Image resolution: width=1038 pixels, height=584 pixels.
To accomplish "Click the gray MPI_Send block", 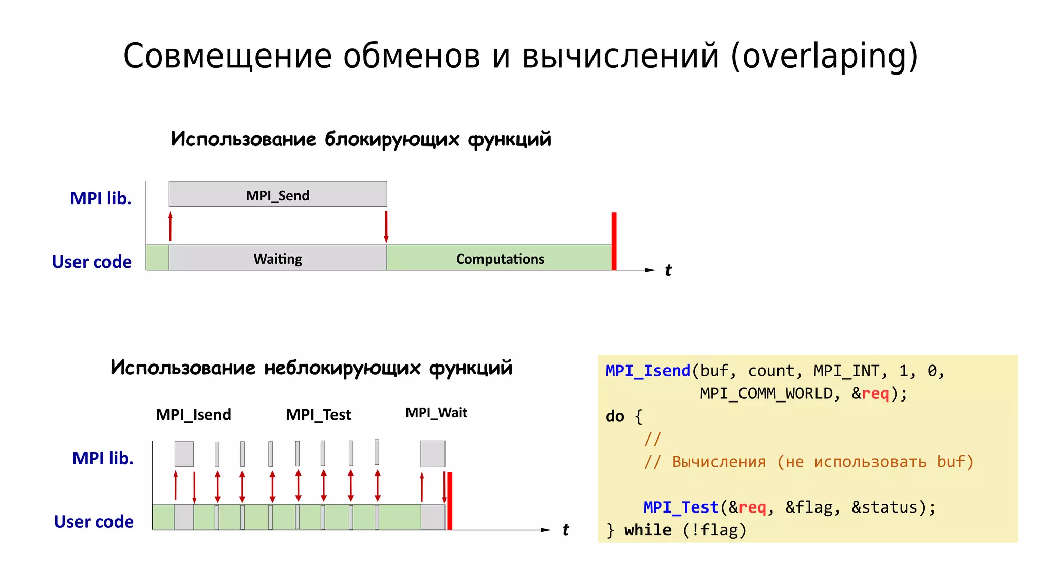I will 277,195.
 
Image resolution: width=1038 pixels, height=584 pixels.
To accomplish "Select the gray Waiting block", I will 277,258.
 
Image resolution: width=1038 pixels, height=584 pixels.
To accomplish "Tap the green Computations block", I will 499,258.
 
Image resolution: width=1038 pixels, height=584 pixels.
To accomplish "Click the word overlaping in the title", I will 824,56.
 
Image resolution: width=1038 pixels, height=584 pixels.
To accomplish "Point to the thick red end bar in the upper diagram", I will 614,241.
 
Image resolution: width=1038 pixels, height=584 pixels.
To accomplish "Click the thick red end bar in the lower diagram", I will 450,501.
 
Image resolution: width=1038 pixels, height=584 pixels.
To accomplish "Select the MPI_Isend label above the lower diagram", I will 193,415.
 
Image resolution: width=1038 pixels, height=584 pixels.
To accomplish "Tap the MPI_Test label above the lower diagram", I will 318,415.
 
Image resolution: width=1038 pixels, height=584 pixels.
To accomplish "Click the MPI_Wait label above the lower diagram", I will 436,413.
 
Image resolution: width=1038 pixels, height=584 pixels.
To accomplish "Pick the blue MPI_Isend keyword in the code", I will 648,371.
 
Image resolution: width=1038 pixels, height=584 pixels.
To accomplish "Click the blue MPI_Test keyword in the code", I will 681,507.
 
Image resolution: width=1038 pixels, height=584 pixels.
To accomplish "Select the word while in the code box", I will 647,530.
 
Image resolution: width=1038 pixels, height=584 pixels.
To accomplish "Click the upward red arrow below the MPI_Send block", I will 170,226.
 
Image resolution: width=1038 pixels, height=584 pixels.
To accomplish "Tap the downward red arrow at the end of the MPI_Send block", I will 386,227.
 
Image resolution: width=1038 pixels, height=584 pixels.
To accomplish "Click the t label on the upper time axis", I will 668,270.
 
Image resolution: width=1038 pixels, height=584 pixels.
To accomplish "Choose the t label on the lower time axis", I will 566,530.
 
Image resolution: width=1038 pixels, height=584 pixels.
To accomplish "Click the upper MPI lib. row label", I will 100,198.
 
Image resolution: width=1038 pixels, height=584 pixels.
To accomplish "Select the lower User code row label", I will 94,522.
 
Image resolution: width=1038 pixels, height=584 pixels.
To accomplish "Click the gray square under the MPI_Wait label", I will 432,454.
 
